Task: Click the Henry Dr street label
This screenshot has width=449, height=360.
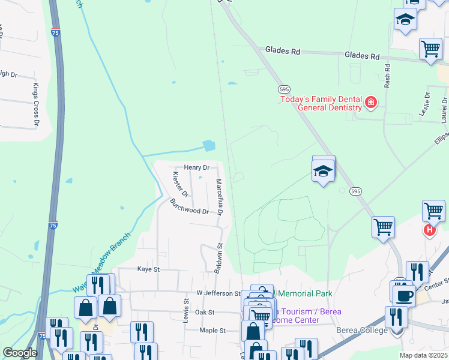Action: (197, 168)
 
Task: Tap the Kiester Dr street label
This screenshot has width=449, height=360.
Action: (181, 185)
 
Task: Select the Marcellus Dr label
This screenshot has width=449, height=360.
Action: (220, 197)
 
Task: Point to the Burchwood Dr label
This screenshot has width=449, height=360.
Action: (188, 207)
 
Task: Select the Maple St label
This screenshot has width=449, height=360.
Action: (212, 331)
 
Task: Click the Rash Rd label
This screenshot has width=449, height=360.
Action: (387, 75)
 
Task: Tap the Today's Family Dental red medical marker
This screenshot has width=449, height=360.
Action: (371, 103)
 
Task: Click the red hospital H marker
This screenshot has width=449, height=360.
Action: (430, 229)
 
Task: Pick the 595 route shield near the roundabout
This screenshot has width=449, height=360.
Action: (356, 191)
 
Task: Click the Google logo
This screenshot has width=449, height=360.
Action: (20, 353)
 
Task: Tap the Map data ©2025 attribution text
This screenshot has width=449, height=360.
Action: (423, 355)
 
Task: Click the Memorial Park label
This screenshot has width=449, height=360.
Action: (304, 293)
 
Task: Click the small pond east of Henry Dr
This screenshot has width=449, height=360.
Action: (209, 146)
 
